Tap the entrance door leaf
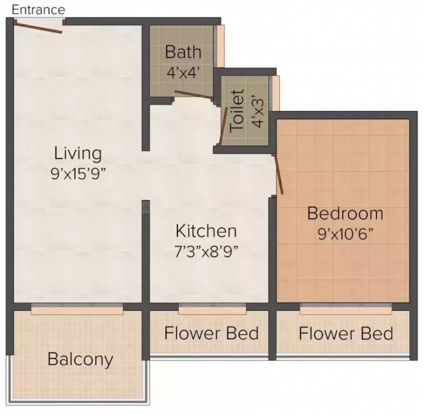click(x=38, y=26)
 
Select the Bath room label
click(x=183, y=52)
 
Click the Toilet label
click(x=237, y=111)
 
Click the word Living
click(x=78, y=153)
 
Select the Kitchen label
click(x=206, y=231)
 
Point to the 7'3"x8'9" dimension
click(x=206, y=251)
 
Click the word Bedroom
click(x=345, y=213)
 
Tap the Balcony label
click(x=80, y=358)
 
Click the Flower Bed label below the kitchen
click(x=211, y=333)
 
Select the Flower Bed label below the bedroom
click(x=346, y=333)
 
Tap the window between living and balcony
click(x=77, y=309)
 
